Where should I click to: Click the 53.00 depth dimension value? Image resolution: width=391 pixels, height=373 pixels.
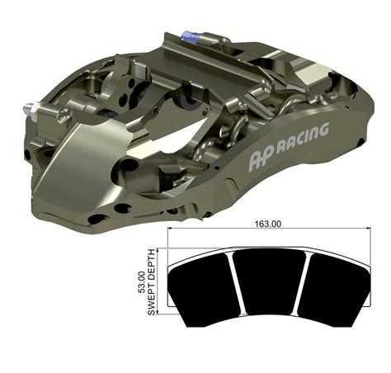click(141, 281)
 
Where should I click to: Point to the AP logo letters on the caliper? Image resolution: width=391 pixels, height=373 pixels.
click(261, 156)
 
